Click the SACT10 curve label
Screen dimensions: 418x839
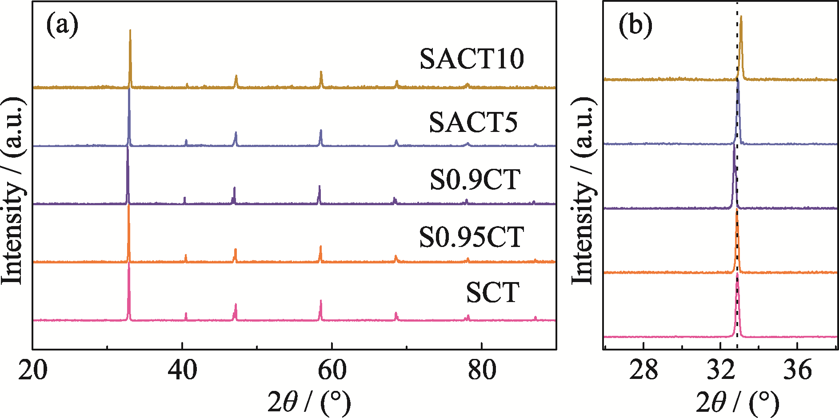pyautogui.click(x=471, y=59)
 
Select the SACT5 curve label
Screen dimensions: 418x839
pyautogui.click(x=473, y=122)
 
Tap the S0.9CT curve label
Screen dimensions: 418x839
pyautogui.click(x=475, y=179)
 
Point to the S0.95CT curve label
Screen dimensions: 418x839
pyautogui.click(x=471, y=237)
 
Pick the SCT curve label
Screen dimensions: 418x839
pyautogui.click(x=492, y=292)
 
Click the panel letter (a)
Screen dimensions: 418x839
pyautogui.click(x=62, y=25)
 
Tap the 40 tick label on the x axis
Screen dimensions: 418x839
pyautogui.click(x=182, y=370)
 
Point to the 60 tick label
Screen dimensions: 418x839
pyautogui.click(x=332, y=370)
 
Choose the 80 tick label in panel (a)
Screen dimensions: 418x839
pyautogui.click(x=482, y=370)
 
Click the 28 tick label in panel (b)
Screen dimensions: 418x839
pyautogui.click(x=643, y=370)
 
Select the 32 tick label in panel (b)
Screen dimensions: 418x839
pyautogui.click(x=720, y=370)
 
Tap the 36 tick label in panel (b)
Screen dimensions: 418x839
pyautogui.click(x=798, y=370)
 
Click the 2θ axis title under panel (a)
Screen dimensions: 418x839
pyautogui.click(x=308, y=402)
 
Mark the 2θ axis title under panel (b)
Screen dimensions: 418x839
pyautogui.click(x=737, y=402)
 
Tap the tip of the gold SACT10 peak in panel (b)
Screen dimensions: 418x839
pyautogui.click(x=741, y=16)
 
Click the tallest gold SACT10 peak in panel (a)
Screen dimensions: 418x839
pyautogui.click(x=130, y=30)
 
